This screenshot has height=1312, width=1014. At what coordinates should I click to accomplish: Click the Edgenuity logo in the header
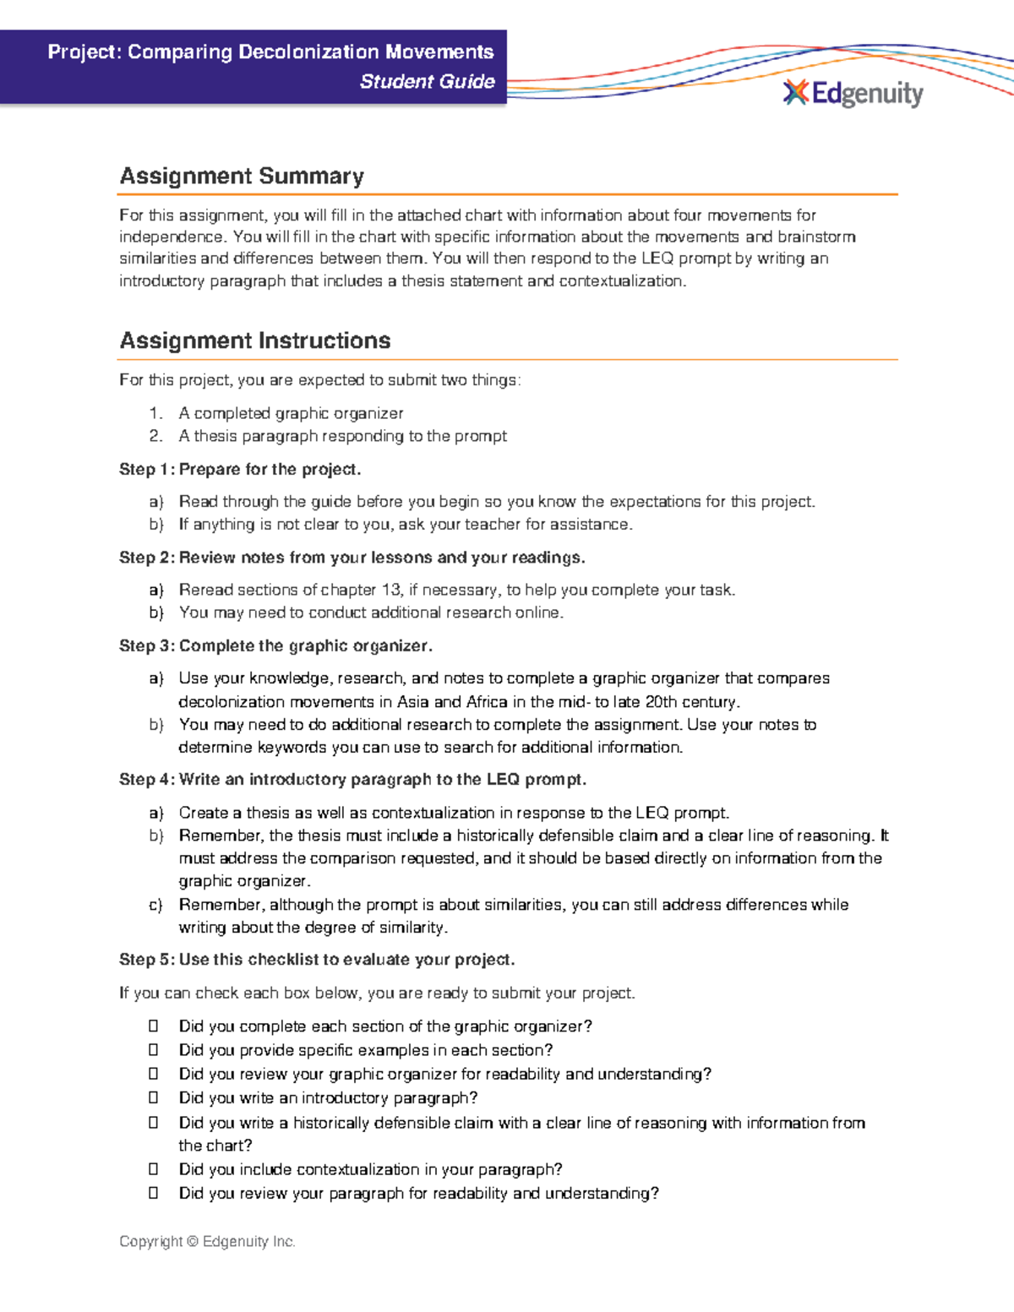click(853, 93)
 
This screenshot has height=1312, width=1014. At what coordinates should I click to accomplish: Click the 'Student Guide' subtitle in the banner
click(427, 82)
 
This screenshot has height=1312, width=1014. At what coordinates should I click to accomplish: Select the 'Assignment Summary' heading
click(242, 176)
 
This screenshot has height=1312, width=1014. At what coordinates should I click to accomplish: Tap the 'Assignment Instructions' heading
click(254, 340)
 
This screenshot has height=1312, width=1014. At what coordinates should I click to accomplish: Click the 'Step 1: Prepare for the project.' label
click(240, 469)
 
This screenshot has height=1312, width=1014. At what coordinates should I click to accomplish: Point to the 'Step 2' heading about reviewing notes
click(352, 558)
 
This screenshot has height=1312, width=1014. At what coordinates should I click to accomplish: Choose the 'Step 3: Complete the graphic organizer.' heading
click(275, 646)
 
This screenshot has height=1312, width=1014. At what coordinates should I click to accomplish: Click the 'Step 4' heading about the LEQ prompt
click(352, 780)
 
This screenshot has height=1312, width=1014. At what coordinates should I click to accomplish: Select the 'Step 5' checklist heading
click(317, 960)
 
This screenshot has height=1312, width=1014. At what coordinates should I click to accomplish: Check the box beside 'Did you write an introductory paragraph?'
click(154, 1098)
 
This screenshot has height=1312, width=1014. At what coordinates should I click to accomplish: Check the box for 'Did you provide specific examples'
click(154, 1050)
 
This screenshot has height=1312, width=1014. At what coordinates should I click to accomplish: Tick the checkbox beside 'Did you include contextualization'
click(154, 1169)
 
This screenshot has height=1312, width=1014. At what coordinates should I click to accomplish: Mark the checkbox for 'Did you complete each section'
click(154, 1026)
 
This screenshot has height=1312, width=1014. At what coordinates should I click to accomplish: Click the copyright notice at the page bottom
click(207, 1241)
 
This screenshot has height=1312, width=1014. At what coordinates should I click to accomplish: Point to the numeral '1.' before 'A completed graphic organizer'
click(155, 413)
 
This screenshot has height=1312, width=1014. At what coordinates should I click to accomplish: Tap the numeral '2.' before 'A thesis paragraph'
click(155, 436)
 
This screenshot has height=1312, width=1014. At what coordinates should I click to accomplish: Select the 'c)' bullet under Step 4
click(155, 905)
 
